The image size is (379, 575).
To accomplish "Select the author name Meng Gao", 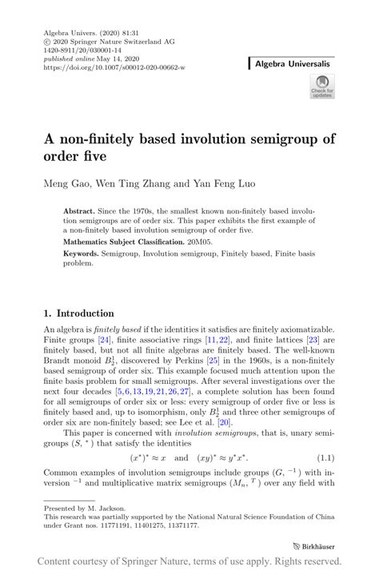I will click(74, 183).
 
